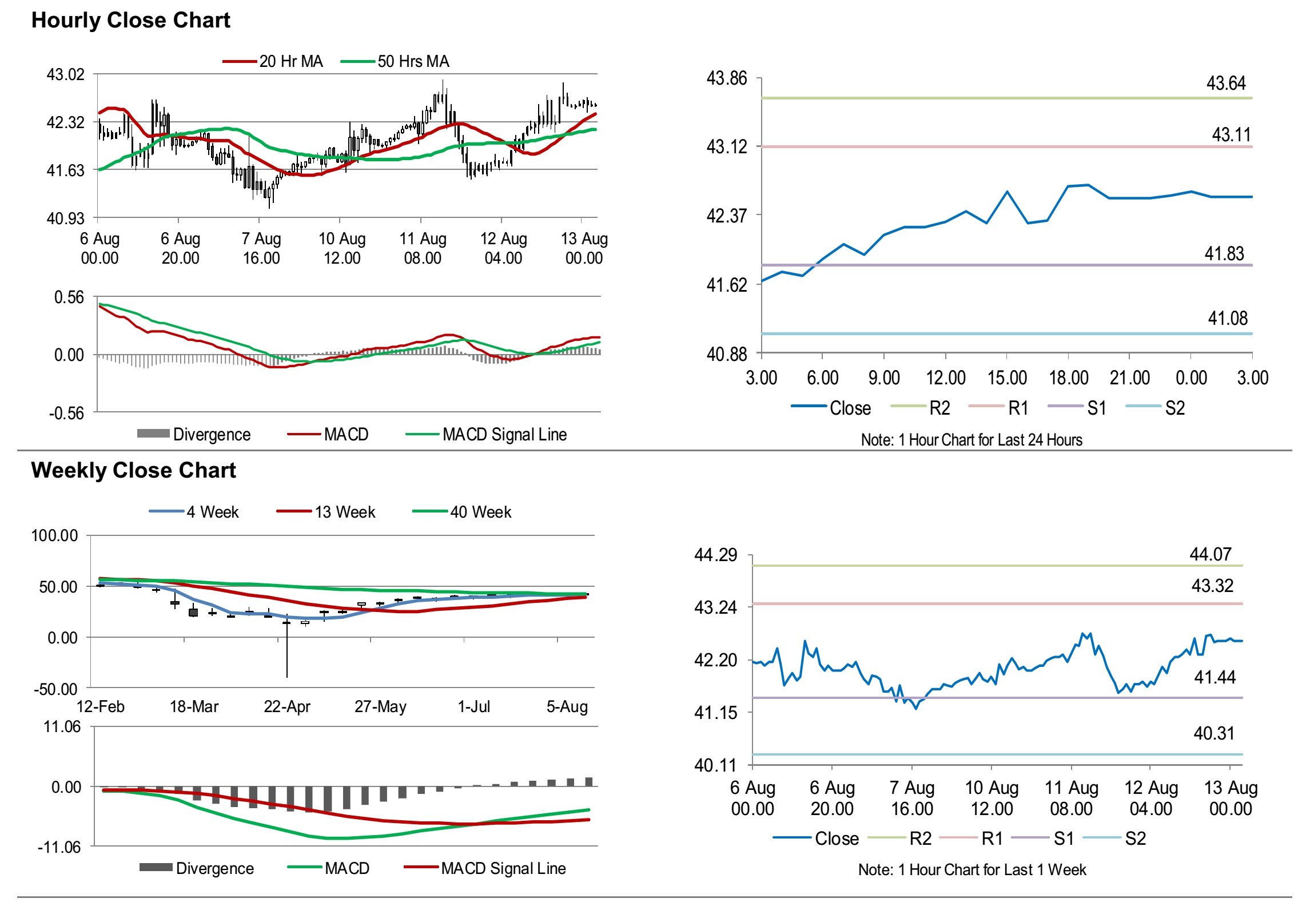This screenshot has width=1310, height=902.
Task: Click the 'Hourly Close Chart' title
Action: pyautogui.click(x=130, y=21)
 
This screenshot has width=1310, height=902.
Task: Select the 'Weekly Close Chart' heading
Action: pyautogui.click(x=133, y=470)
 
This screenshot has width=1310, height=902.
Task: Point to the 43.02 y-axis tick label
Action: pyautogui.click(x=65, y=75)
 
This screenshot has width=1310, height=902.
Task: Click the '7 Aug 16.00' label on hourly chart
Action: pyautogui.click(x=261, y=248)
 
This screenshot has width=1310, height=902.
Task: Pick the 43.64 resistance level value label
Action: pyautogui.click(x=1225, y=84)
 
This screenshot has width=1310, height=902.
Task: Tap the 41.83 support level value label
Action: pyautogui.click(x=1224, y=253)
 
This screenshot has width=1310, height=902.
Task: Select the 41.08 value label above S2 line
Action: pyautogui.click(x=1227, y=318)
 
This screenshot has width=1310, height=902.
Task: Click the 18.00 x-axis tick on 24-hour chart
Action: pyautogui.click(x=1068, y=378)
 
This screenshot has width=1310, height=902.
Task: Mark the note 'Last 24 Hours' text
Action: pyautogui.click(x=971, y=440)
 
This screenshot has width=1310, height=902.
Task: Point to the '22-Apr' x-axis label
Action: pyautogui.click(x=286, y=707)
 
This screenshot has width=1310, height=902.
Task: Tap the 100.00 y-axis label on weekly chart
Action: pyautogui.click(x=54, y=536)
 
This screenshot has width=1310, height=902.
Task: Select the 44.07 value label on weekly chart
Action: pyautogui.click(x=1210, y=554)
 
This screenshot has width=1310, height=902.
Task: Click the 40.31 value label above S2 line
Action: pyautogui.click(x=1214, y=733)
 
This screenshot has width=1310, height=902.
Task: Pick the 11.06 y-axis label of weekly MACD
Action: pyautogui.click(x=62, y=727)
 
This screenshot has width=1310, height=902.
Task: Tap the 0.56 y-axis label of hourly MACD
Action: pyautogui.click(x=69, y=297)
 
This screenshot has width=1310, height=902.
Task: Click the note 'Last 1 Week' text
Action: pyautogui.click(x=971, y=870)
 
